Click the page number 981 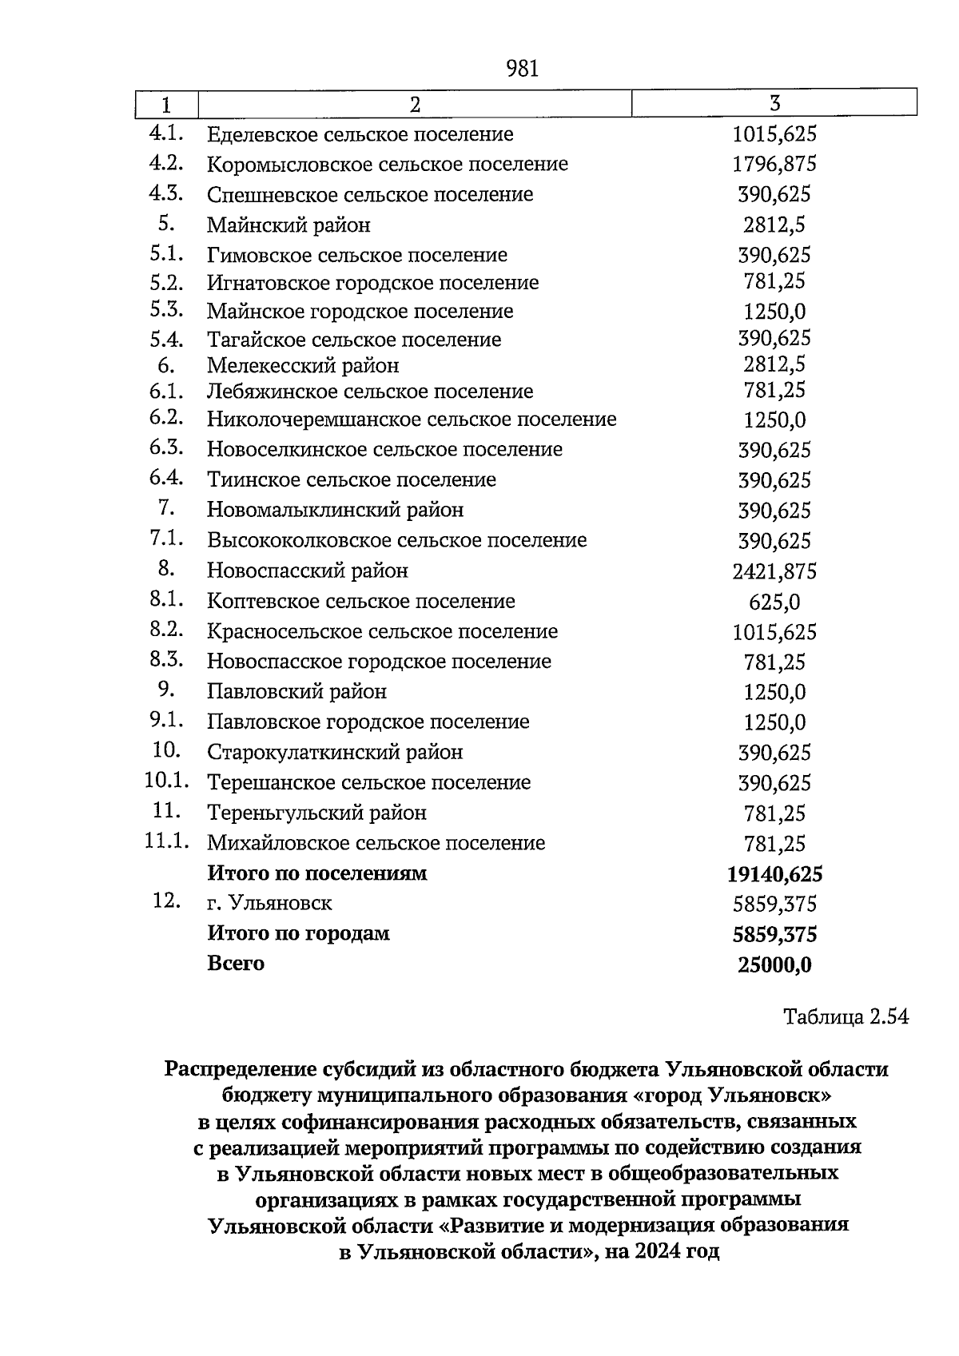(x=523, y=70)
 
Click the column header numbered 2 (x=414, y=105)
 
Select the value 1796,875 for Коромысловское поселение (x=774, y=165)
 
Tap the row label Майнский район (x=288, y=225)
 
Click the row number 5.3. (x=166, y=310)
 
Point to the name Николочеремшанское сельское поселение (x=412, y=420)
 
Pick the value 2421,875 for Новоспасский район (x=774, y=572)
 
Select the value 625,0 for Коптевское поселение (x=774, y=602)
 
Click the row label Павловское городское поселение (x=368, y=722)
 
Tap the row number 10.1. (x=166, y=781)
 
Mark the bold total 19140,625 (x=774, y=874)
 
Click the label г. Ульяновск (x=269, y=904)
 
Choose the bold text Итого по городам (x=298, y=933)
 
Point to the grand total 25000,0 (x=774, y=965)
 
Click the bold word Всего (x=236, y=964)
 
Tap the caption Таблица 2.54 (x=846, y=1017)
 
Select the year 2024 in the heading (x=655, y=1251)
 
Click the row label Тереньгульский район (x=316, y=813)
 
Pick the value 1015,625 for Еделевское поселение (x=774, y=134)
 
